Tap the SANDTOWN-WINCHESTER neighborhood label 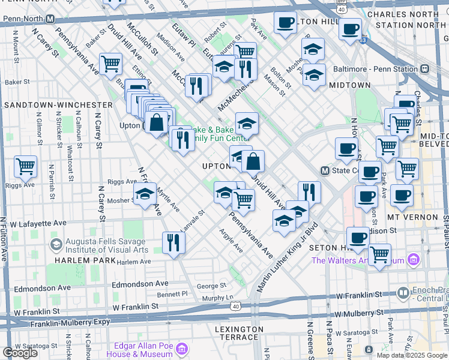click(58, 104)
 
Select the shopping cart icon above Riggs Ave click(25, 166)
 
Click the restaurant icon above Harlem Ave click(173, 243)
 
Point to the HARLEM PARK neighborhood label click(81, 261)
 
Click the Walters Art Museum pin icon click(412, 260)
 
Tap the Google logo click(20, 353)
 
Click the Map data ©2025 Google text click(411, 355)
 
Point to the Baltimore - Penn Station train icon click(425, 69)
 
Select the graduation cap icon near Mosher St click(145, 194)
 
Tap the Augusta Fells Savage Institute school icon click(56, 244)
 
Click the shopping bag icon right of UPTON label click(253, 161)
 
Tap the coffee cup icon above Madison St click(358, 237)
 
